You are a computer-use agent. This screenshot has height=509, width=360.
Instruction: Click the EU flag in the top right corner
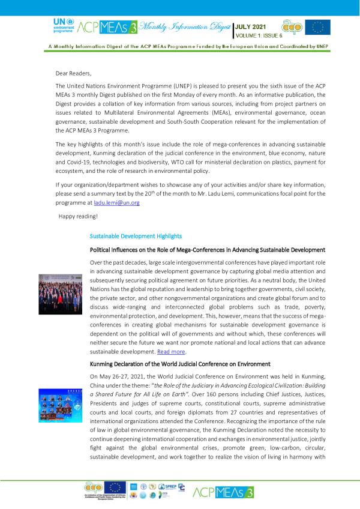pyautogui.click(x=317, y=27)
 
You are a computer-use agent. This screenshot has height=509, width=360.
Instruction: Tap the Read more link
pyautogui.click(x=172, y=351)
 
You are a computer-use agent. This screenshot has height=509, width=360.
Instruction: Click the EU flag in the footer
pyautogui.click(x=115, y=487)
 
